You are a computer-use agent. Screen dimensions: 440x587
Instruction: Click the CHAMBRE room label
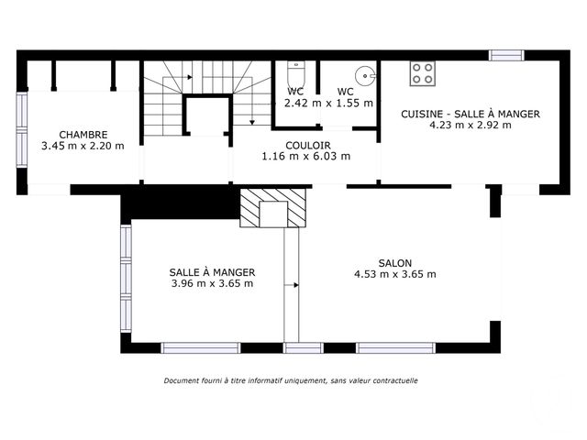pyautogui.click(x=83, y=133)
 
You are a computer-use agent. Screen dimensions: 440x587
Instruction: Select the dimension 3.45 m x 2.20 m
pyautogui.click(x=83, y=145)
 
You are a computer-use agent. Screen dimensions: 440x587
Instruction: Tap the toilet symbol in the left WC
pyautogui.click(x=293, y=73)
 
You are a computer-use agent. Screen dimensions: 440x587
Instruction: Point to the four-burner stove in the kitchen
pyautogui.click(x=422, y=73)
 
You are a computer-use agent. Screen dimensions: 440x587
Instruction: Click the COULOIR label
pyautogui.click(x=307, y=145)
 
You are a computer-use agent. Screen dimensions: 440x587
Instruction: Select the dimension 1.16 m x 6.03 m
pyautogui.click(x=307, y=157)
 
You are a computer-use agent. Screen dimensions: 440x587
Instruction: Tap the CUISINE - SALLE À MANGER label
pyautogui.click(x=470, y=114)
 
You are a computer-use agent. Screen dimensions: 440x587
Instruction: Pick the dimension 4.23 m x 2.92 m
pyautogui.click(x=470, y=126)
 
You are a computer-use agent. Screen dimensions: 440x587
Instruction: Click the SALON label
pyautogui.click(x=394, y=261)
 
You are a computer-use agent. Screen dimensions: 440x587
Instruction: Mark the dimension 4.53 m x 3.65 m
pyautogui.click(x=394, y=273)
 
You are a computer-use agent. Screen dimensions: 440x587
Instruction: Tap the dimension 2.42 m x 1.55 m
pyautogui.click(x=328, y=103)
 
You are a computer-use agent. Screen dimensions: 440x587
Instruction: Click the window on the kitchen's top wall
pyautogui.click(x=506, y=55)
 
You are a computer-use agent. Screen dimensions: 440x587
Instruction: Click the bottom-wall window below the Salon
pyautogui.click(x=395, y=347)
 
